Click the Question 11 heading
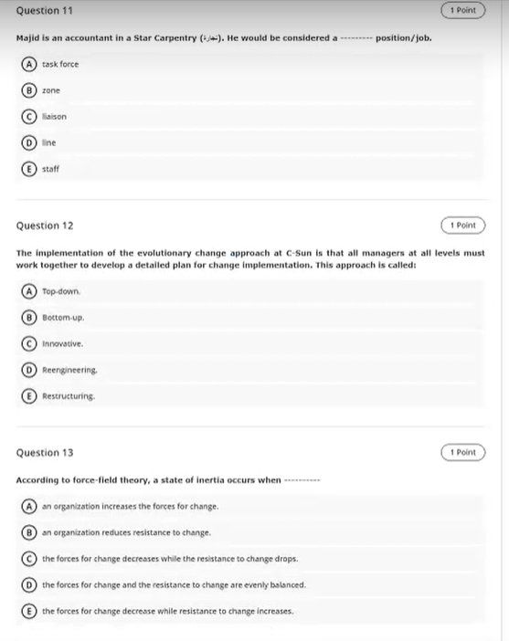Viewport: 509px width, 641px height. pos(45,10)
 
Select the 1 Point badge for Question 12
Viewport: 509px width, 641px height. pos(462,225)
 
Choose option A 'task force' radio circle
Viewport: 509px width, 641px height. pos(31,65)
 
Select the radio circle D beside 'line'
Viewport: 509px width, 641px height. pos(31,142)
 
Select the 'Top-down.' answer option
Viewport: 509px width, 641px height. pos(63,292)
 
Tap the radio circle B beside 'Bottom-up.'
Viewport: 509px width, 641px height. pos(31,318)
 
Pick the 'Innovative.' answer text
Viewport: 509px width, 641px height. pos(63,344)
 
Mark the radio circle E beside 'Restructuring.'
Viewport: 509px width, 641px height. pos(31,396)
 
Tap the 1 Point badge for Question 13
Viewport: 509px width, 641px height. pos(462,453)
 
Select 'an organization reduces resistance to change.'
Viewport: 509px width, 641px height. pos(126,532)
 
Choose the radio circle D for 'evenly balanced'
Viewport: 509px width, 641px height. pos(31,584)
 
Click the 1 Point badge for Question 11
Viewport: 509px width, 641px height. pos(462,10)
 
